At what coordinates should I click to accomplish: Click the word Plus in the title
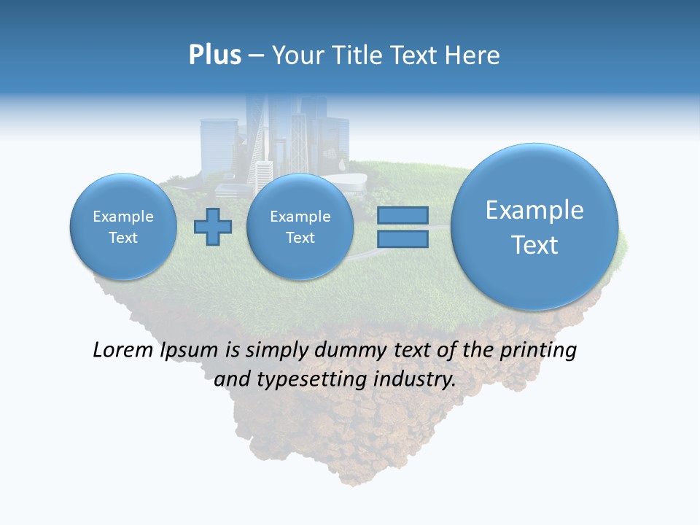[214, 55]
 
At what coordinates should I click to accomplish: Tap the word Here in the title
[475, 55]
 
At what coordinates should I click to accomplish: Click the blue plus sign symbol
[212, 227]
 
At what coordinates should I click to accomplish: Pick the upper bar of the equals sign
[402, 216]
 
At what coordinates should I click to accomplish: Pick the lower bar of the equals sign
[402, 239]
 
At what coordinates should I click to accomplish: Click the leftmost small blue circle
[123, 227]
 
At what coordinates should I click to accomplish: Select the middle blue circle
[300, 227]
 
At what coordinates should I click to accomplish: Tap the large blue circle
[534, 227]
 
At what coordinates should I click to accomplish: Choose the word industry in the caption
[414, 379]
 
